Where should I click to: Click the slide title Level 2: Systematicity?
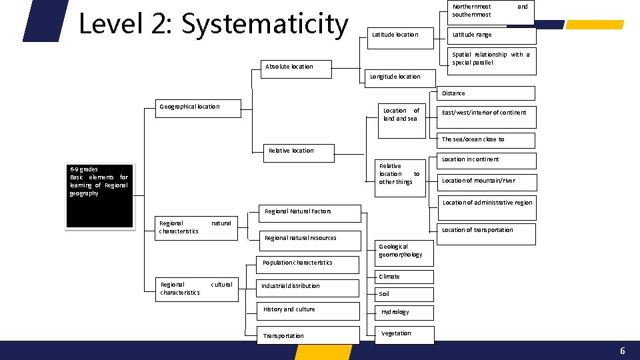point(213,25)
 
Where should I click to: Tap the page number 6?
point(622,351)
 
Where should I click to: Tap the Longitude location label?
point(395,77)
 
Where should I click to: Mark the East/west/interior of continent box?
point(485,113)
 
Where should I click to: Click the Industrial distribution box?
point(307,287)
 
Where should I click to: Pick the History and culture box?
point(307,310)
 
